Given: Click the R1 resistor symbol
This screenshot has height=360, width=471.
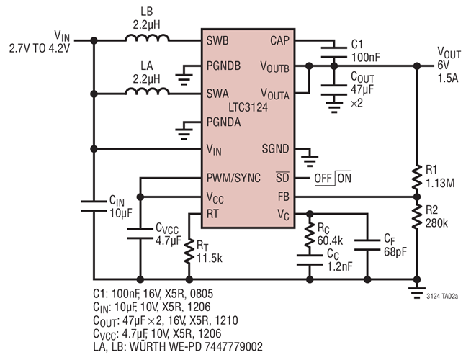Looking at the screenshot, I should (417, 176).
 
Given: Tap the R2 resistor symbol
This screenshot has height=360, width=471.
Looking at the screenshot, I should (417, 216).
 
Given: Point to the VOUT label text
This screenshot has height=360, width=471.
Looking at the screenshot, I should (451, 53).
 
